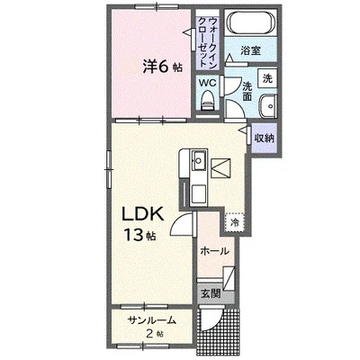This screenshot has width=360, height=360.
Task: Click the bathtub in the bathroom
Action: [x=251, y=22]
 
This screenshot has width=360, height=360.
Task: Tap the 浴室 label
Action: [x=250, y=50]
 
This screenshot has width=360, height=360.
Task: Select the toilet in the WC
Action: [x=208, y=101]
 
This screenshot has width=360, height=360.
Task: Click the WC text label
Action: [x=208, y=83]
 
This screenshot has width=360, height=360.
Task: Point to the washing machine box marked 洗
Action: [x=267, y=78]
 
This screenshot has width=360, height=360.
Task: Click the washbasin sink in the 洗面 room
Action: [x=268, y=106]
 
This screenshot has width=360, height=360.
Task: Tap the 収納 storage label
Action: [x=265, y=139]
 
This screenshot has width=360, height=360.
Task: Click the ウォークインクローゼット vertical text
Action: [x=208, y=42]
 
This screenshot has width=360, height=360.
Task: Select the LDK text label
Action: [x=142, y=214]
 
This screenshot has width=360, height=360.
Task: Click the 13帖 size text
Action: [x=139, y=235]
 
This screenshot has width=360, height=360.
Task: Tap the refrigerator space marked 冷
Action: [x=235, y=222]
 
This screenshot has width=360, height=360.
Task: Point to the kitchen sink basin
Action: [x=199, y=160]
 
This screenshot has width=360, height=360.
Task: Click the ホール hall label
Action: [x=214, y=251]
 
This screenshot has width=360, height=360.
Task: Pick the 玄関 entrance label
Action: [x=211, y=293]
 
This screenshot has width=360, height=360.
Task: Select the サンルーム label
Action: [x=151, y=320]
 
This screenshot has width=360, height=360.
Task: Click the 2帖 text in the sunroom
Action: [x=155, y=333]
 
